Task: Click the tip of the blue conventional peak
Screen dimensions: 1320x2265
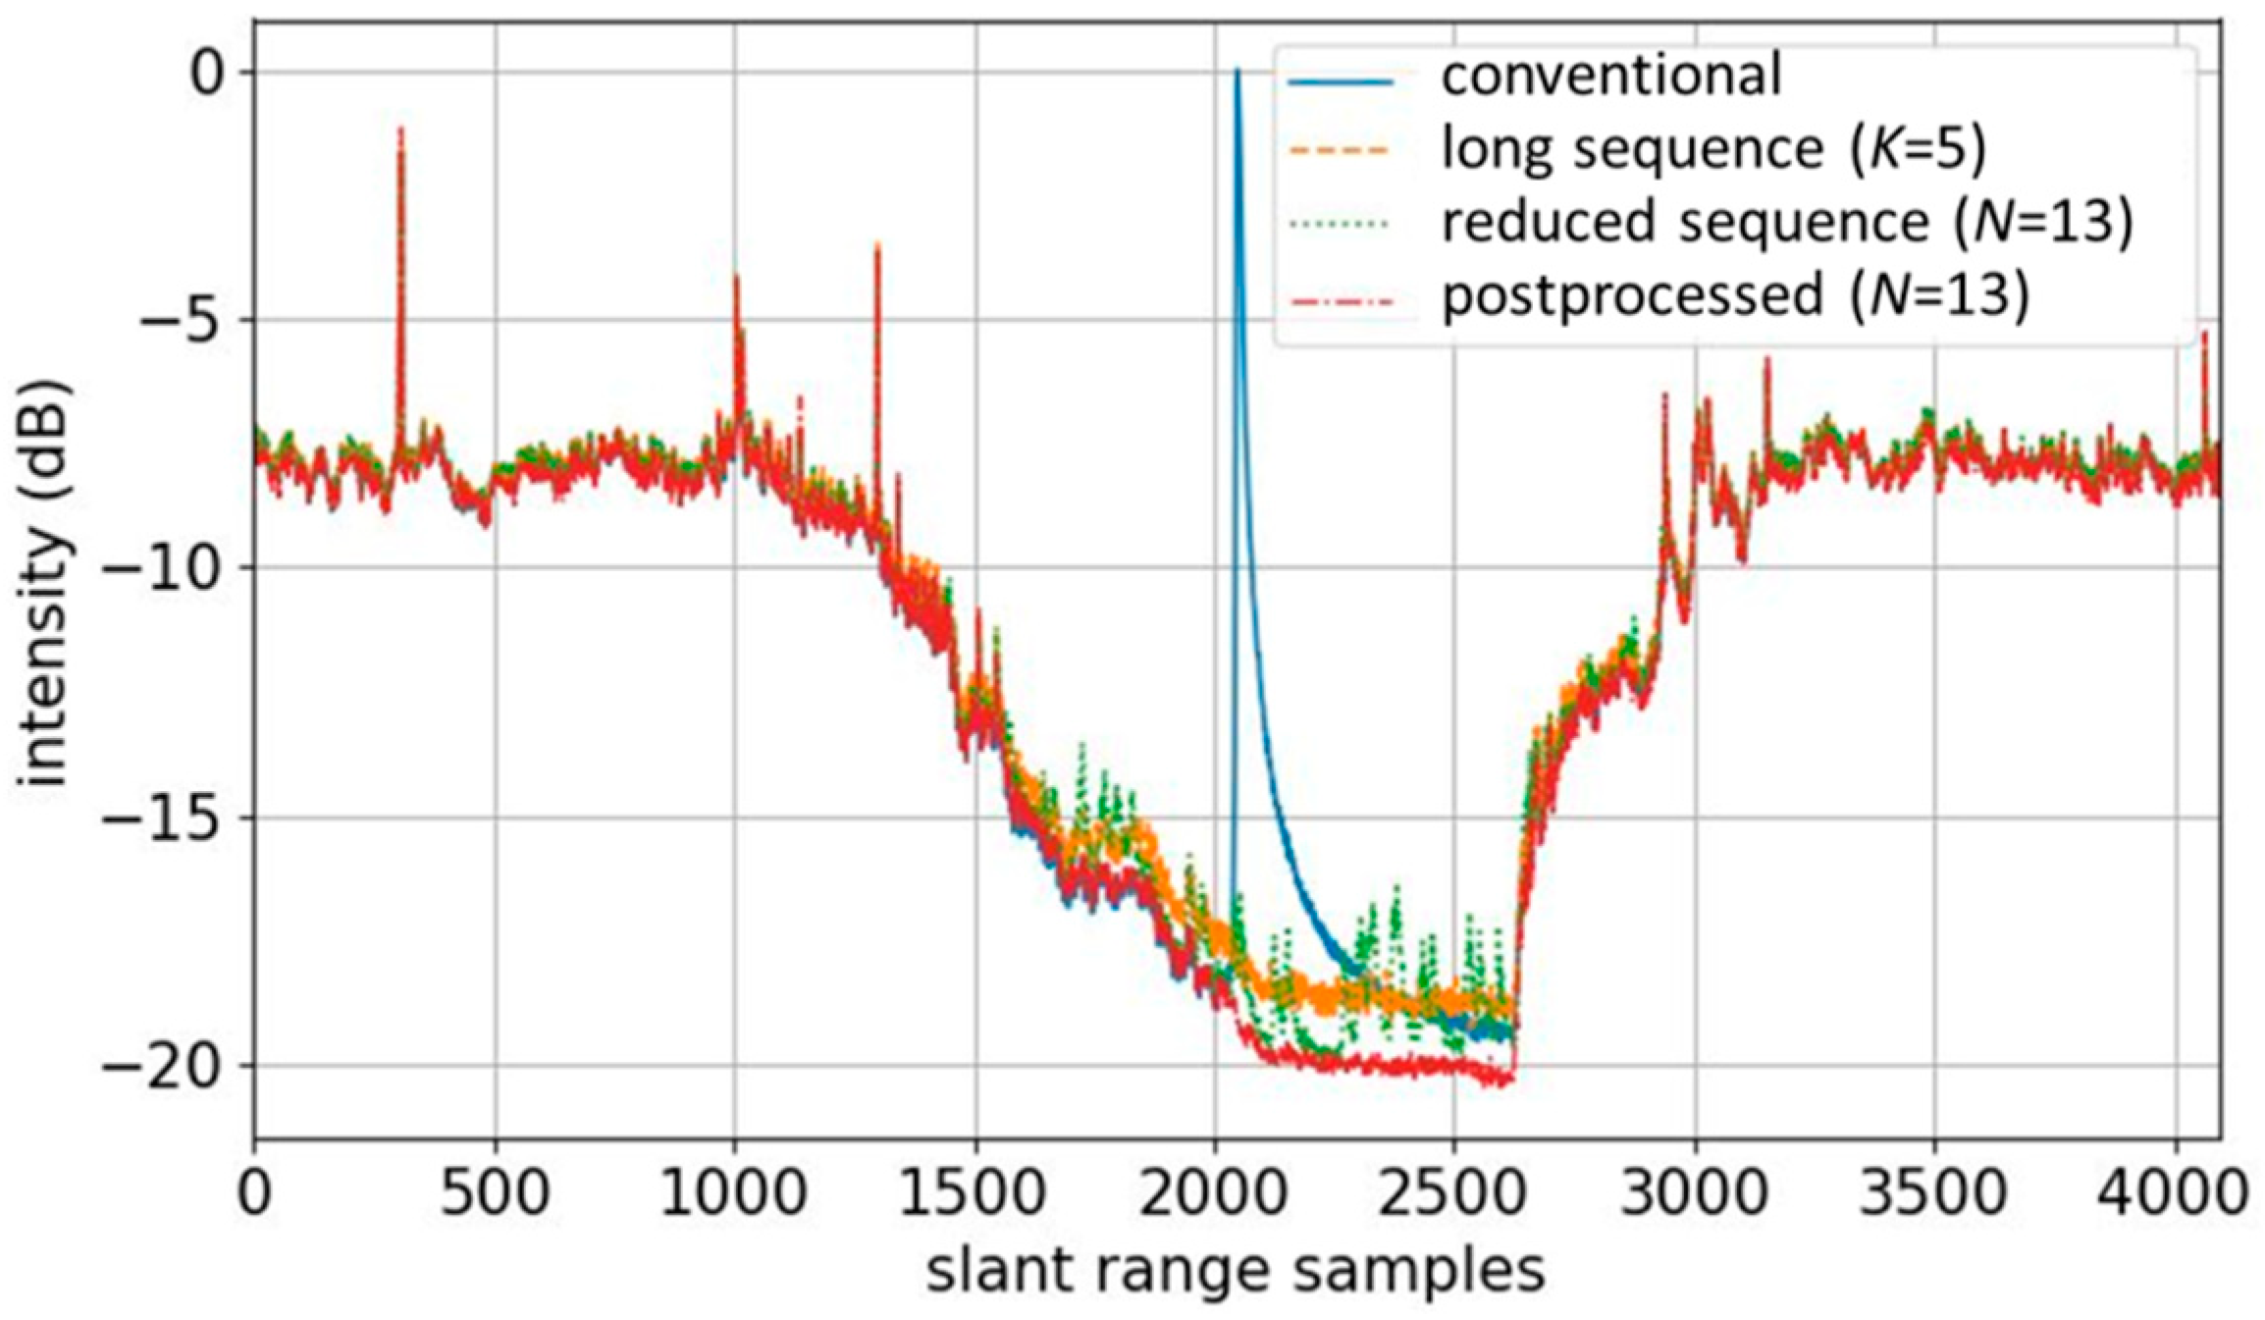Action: point(1238,72)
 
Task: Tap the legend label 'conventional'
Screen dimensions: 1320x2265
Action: point(1610,77)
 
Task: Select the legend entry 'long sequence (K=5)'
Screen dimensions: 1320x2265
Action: point(1712,150)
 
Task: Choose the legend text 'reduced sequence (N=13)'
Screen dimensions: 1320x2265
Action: point(1786,223)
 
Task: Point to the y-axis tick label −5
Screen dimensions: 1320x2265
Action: point(186,320)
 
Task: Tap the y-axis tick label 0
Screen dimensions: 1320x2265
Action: point(208,75)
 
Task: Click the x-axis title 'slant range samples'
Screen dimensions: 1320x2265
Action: point(1236,1272)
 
